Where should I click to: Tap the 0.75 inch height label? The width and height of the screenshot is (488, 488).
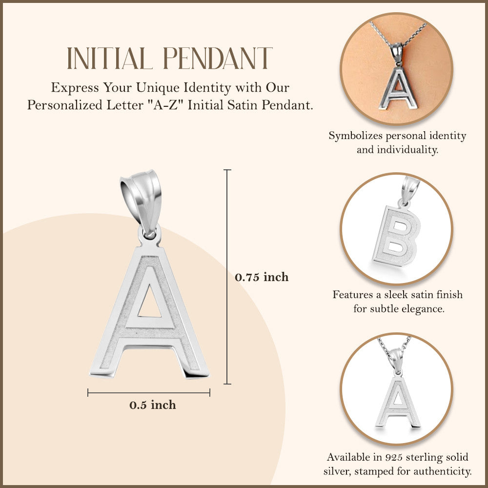tap(262, 277)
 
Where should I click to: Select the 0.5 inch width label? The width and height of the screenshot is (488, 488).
tap(152, 405)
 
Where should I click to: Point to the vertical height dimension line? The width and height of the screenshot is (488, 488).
tap(227, 277)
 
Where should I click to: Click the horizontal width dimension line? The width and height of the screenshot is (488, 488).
tap(149, 392)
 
